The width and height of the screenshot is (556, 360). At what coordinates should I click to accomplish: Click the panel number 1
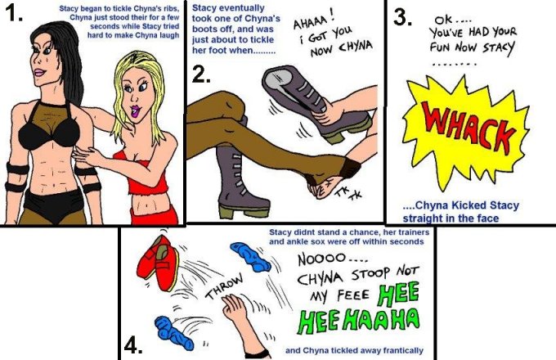click(14, 13)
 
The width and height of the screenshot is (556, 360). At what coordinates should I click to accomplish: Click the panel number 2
click(200, 74)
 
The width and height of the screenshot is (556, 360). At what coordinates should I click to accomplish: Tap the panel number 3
click(402, 16)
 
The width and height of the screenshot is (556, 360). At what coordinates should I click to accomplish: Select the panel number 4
click(133, 345)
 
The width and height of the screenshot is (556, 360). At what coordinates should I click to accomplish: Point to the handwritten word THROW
click(226, 286)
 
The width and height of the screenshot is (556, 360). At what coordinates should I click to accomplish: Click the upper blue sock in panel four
click(250, 257)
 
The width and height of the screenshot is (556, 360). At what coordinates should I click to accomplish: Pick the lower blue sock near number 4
click(173, 333)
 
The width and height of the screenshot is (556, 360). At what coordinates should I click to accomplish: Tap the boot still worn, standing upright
click(238, 181)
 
